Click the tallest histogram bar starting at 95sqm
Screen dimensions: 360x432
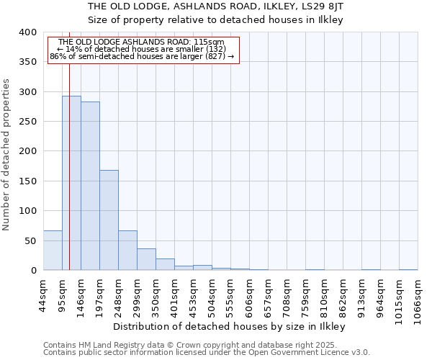click(x=71, y=183)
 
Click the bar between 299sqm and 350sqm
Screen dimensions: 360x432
click(x=146, y=259)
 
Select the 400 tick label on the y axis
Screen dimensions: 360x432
click(x=27, y=32)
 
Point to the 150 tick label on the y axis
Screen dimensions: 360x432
click(x=27, y=181)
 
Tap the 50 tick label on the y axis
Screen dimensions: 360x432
click(x=30, y=240)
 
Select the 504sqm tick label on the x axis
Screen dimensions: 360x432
click(x=212, y=294)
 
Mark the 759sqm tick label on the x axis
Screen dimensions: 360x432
click(x=305, y=294)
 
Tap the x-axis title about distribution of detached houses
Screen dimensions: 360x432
click(x=230, y=327)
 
